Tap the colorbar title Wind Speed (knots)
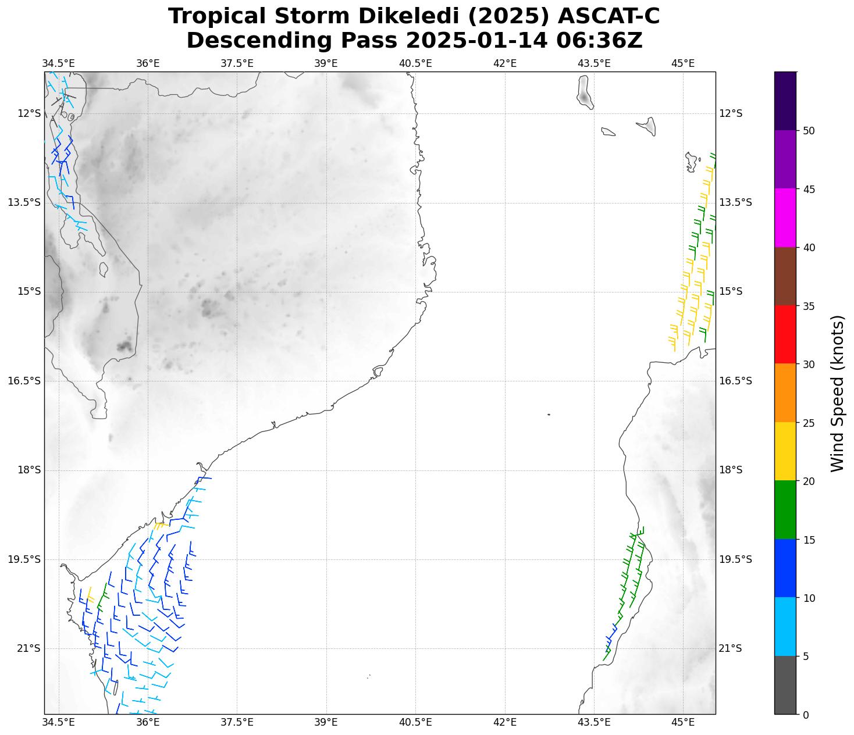[x=837, y=393]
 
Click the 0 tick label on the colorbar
[x=806, y=715]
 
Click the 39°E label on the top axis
[x=326, y=63]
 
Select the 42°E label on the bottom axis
[x=504, y=722]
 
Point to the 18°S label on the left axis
[x=29, y=470]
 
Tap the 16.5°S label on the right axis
[x=736, y=381]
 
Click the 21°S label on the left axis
[x=29, y=648]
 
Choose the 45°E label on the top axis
[x=683, y=63]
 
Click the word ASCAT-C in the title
[x=609, y=16]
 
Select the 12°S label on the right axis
[x=731, y=113]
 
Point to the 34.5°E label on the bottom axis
[x=59, y=722]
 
